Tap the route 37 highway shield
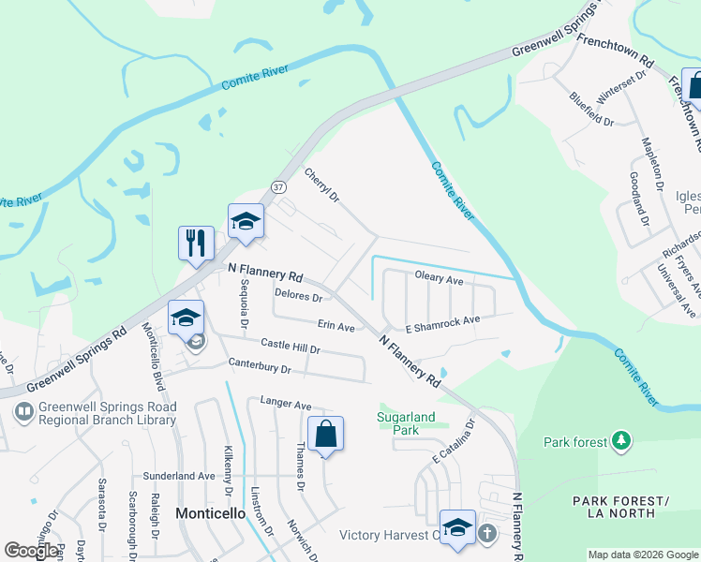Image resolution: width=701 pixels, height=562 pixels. [x=278, y=186]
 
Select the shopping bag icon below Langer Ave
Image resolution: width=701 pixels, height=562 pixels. [x=325, y=434]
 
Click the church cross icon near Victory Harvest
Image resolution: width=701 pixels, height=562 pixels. [x=486, y=534]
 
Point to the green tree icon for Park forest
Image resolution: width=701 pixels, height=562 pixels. [x=619, y=440]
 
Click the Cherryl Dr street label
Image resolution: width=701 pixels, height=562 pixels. [x=321, y=185]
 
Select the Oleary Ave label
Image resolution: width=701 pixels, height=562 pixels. [x=440, y=279]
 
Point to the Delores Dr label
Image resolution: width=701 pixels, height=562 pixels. [x=298, y=297]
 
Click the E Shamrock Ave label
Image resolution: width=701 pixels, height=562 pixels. [x=442, y=323]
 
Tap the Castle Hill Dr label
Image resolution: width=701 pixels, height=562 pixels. [x=291, y=347]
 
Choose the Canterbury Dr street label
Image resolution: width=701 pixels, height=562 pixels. [x=260, y=366]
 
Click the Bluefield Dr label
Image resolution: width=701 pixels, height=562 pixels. [x=591, y=110]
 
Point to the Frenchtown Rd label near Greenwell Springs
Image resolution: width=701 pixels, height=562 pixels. [x=616, y=53]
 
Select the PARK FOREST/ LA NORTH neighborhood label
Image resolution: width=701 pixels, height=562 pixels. [x=621, y=507]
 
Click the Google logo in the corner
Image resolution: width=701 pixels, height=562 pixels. [x=31, y=550]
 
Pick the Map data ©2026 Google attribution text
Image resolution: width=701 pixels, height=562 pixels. [x=644, y=555]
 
